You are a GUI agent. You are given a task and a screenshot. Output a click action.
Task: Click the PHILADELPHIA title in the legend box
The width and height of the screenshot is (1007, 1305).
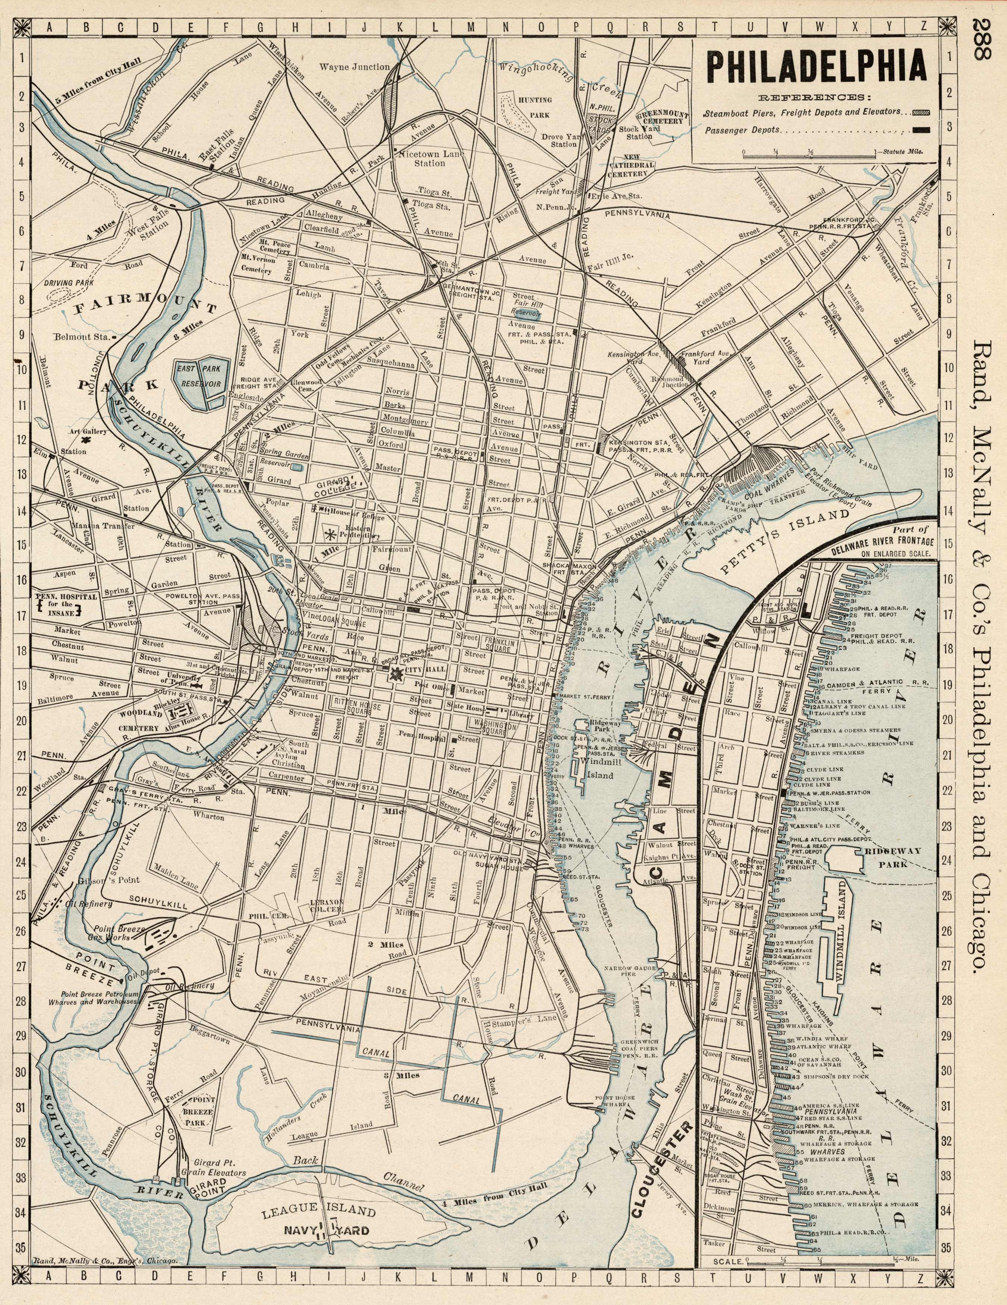click(x=817, y=67)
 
